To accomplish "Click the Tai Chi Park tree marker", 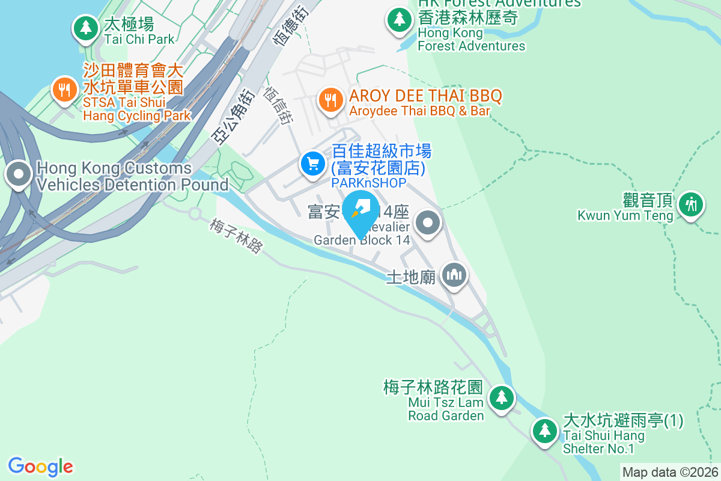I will [x=85, y=28].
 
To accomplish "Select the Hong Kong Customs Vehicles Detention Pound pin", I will [x=19, y=175].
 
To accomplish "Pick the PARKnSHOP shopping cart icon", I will [x=312, y=162].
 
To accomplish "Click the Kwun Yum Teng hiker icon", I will [x=691, y=204].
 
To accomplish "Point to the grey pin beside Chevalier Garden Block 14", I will [x=428, y=223].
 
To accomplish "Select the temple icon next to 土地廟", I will [x=455, y=275].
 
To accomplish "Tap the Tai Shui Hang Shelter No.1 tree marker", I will [x=545, y=430].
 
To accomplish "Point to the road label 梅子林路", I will [x=237, y=235].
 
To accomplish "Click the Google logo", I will [x=40, y=466].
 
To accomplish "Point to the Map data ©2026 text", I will [x=670, y=472].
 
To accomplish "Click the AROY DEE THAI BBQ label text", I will [x=425, y=96].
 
